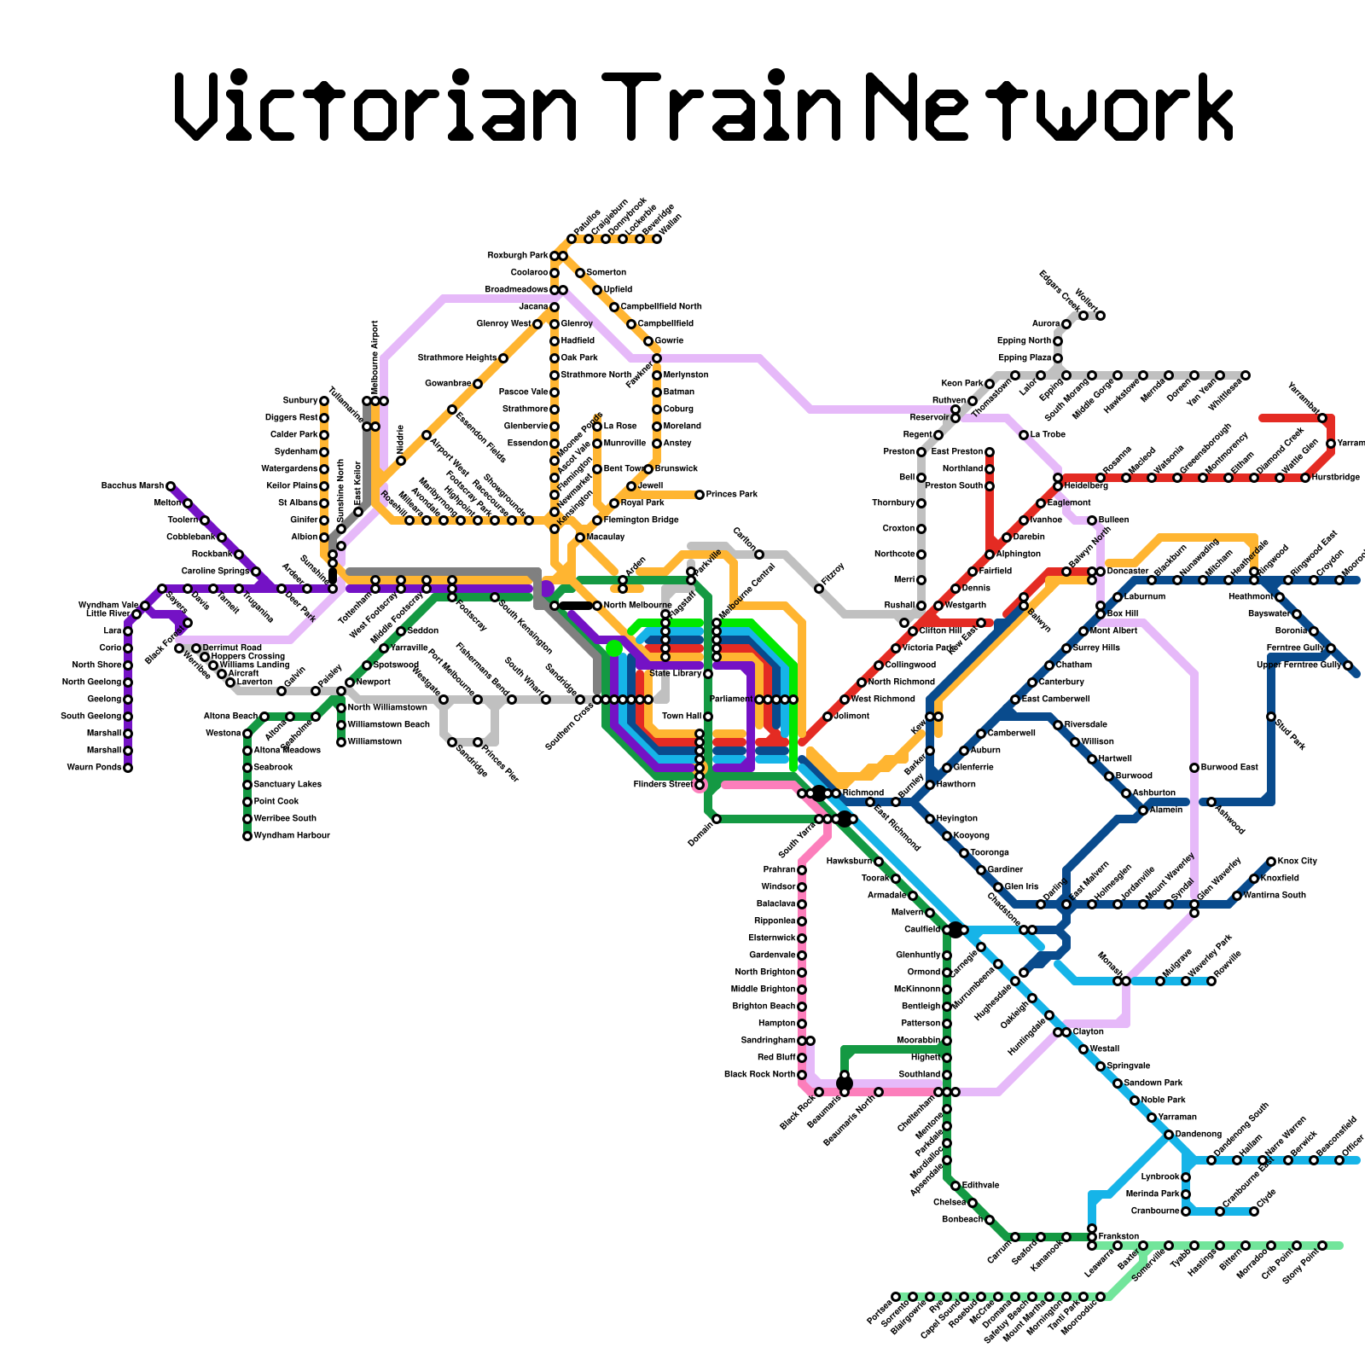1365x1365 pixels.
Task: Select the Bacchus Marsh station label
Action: coord(132,486)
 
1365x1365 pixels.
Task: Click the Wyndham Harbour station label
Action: coord(292,836)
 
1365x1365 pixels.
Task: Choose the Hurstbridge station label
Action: coord(1336,478)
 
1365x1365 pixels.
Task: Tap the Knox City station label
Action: coord(1298,862)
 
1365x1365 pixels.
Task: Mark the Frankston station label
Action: coord(1118,1236)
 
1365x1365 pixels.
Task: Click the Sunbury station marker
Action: coord(324,401)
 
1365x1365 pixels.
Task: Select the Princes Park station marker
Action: coord(700,495)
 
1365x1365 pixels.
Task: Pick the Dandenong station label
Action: coord(1199,1135)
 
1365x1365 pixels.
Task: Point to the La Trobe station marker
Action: coord(1024,435)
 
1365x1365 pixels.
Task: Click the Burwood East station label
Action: coord(1229,768)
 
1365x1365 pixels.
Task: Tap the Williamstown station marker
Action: coord(341,742)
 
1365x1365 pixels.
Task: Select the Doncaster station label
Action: coord(1128,572)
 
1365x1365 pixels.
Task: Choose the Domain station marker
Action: coord(717,819)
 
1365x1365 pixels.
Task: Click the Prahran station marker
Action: coord(802,870)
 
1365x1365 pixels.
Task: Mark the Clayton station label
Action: coord(1089,1032)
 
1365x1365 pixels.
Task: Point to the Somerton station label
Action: coord(607,273)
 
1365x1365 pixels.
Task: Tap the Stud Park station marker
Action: coord(1271,717)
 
